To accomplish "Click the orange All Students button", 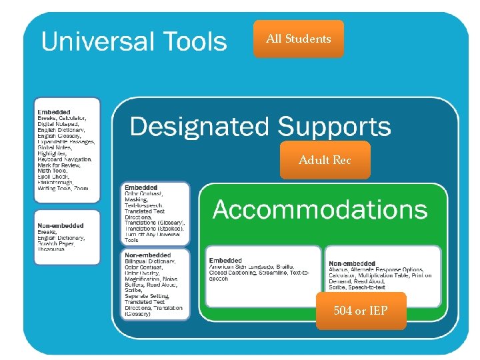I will (298, 39).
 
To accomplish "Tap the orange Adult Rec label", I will (325, 160).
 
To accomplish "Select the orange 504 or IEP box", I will (361, 311).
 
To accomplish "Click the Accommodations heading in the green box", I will (320, 209).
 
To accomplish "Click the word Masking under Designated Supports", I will (137, 199).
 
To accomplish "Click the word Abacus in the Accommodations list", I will (339, 269).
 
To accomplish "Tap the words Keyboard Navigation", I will (65, 159).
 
